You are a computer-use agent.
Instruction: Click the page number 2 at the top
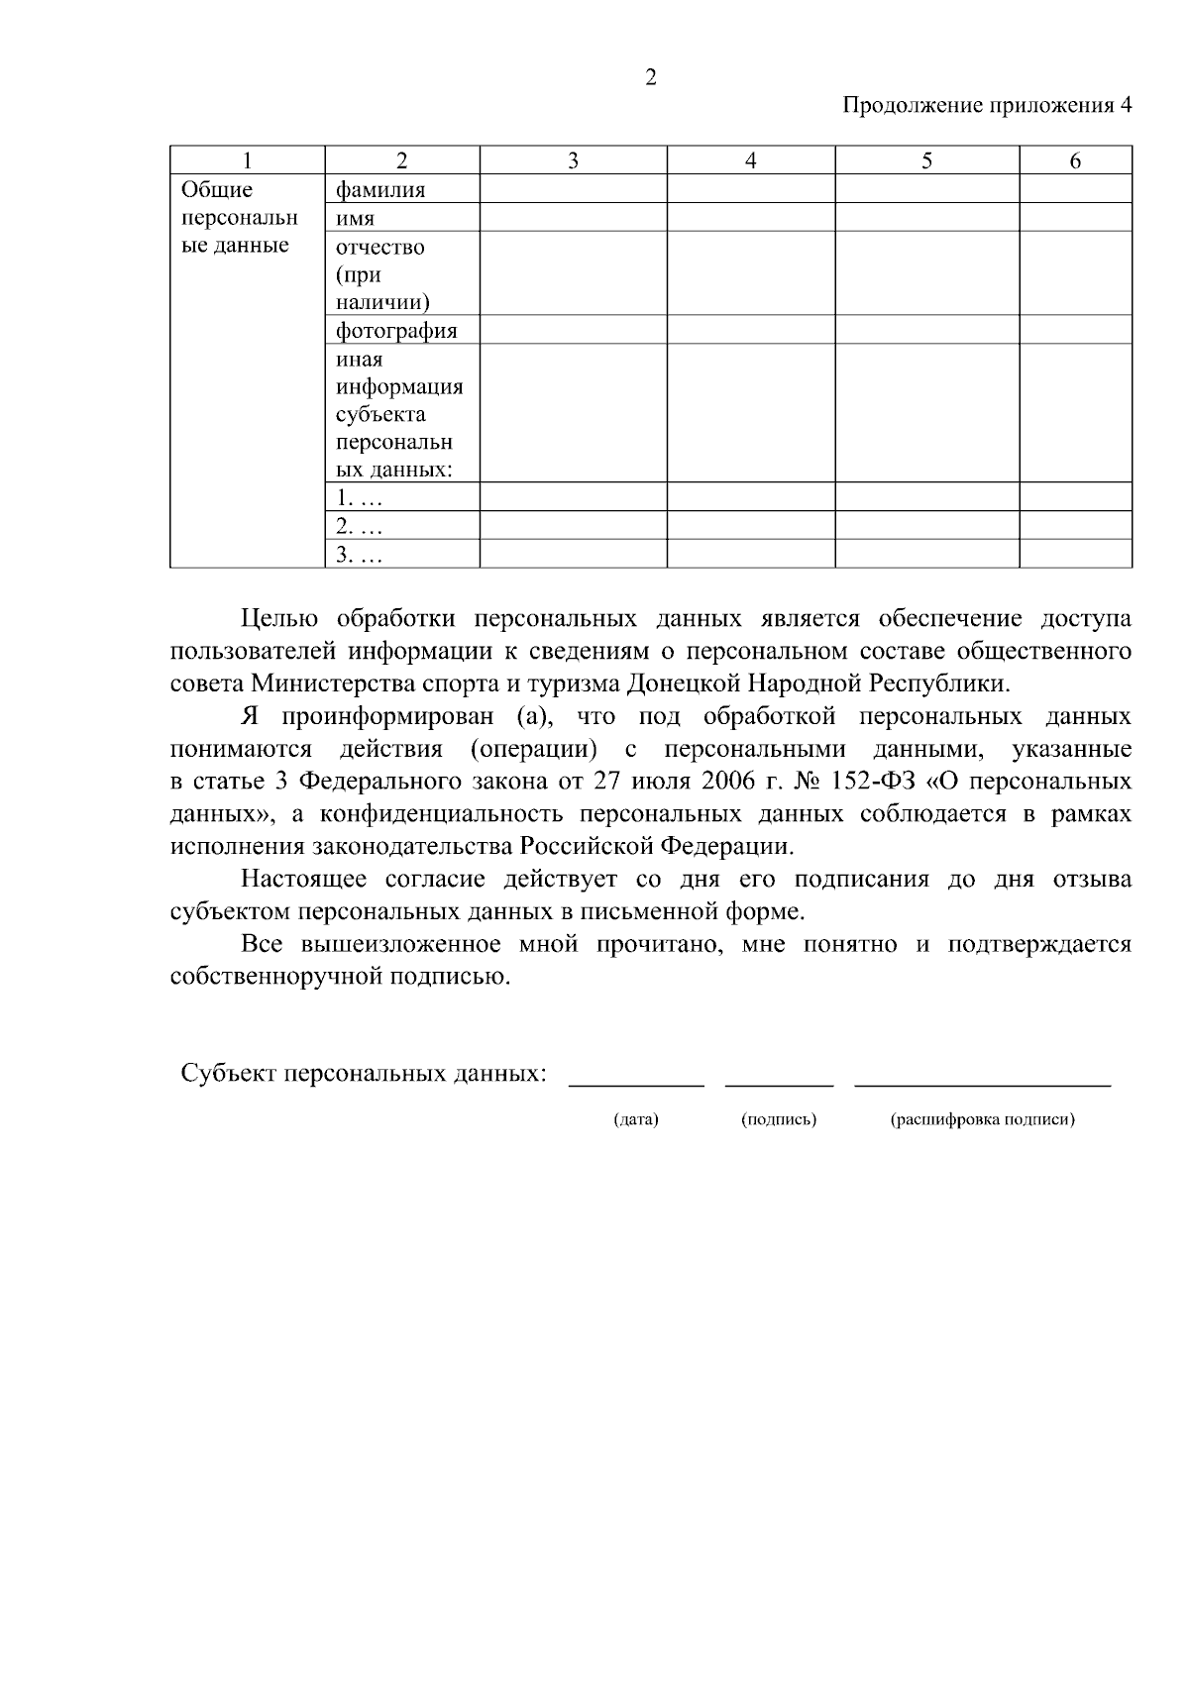pos(650,78)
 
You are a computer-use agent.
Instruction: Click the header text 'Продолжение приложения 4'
pos(986,106)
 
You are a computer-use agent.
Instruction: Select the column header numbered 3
pos(573,161)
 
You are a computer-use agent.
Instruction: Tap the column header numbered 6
pos(1075,161)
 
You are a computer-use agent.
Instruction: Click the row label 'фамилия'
pos(380,189)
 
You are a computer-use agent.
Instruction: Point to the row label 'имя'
pos(356,218)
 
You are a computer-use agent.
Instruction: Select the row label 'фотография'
pos(396,330)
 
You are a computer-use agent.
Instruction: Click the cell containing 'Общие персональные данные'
pos(238,218)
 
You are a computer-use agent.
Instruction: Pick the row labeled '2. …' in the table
pos(359,526)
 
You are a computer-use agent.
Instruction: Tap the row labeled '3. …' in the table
pos(359,555)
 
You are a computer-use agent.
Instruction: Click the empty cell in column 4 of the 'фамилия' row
pos(750,189)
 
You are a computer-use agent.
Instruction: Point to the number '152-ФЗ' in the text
pos(876,783)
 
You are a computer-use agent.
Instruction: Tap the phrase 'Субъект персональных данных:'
pos(364,1074)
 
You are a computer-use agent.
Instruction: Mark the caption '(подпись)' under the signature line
pos(779,1120)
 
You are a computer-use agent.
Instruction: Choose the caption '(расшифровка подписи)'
pos(982,1120)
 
